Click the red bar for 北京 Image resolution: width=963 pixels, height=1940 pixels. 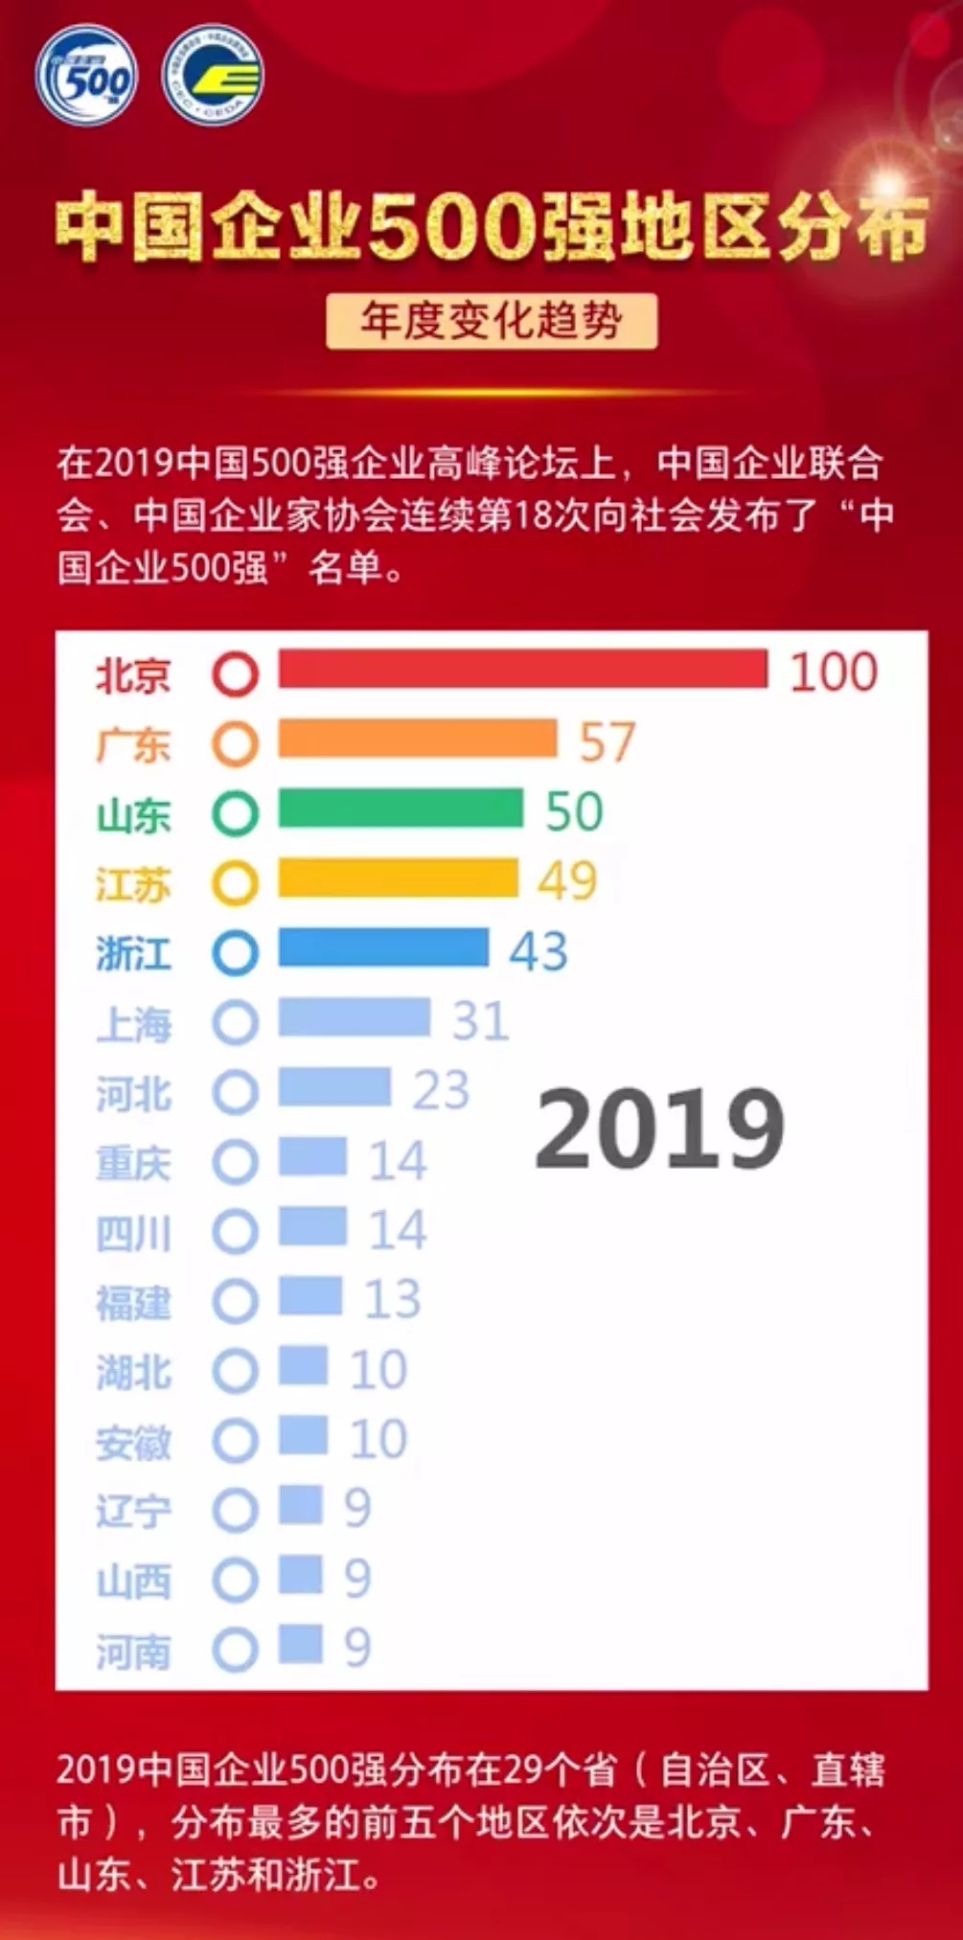[x=522, y=670]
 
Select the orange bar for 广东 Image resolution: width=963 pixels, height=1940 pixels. [x=418, y=740]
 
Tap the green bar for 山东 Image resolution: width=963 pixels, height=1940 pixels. [x=401, y=810]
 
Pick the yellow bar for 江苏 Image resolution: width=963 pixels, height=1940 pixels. [x=398, y=879]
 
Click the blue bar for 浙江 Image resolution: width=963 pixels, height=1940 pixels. [x=383, y=948]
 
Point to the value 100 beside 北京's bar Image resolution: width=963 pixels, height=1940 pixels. [x=833, y=672]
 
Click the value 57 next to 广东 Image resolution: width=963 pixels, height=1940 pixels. [x=608, y=742]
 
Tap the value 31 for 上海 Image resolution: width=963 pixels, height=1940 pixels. [x=480, y=1020]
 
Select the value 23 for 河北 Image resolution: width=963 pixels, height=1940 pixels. [x=441, y=1090]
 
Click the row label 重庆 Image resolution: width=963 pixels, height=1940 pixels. [x=133, y=1162]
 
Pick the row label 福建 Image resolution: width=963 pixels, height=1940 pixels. [x=133, y=1302]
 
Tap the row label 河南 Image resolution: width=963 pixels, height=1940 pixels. [x=133, y=1652]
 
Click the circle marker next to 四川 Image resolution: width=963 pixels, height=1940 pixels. [x=235, y=1232]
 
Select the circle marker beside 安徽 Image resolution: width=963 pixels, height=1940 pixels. [x=235, y=1441]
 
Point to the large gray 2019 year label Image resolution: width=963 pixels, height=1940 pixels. [x=660, y=1128]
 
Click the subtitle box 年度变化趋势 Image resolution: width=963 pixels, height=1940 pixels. [x=492, y=321]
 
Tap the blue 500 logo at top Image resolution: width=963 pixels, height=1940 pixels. [x=87, y=75]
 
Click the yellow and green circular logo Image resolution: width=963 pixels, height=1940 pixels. [x=213, y=75]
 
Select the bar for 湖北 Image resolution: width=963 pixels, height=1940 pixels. [x=303, y=1367]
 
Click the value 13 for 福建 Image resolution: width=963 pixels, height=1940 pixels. [x=393, y=1300]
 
